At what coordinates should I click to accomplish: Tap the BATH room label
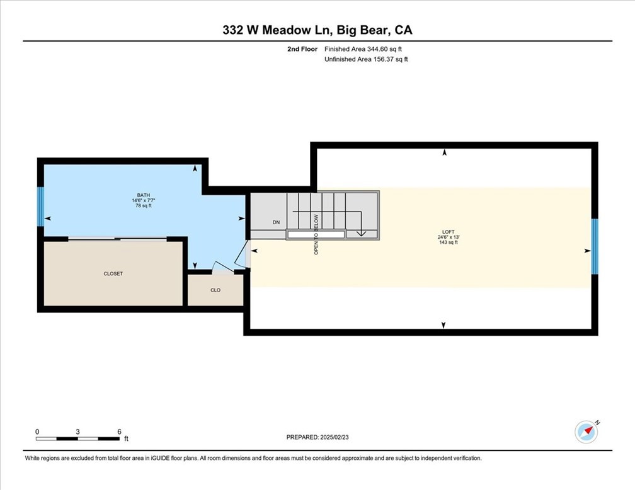tap(144, 195)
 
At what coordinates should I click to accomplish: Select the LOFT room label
tap(449, 232)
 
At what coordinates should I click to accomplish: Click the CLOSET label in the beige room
tap(113, 274)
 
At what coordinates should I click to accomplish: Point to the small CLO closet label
tap(215, 290)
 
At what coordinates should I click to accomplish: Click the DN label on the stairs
tap(276, 222)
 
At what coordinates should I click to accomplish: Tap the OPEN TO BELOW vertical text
tap(316, 234)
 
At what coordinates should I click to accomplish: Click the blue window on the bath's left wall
tap(40, 207)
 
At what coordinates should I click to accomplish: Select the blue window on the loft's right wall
tap(595, 247)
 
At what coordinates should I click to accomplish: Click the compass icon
tap(586, 432)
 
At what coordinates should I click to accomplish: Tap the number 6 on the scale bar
tap(119, 431)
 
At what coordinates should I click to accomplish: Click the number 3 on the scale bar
tap(77, 431)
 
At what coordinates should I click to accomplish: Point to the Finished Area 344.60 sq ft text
tap(363, 49)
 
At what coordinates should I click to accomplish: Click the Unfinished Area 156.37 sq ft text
tap(366, 59)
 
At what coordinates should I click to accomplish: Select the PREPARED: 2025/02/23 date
tap(317, 437)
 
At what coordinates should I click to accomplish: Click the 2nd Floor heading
tap(302, 49)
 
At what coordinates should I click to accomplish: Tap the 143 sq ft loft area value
tap(449, 242)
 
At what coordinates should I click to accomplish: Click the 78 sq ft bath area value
tap(144, 206)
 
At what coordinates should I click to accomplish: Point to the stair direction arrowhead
tap(361, 233)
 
